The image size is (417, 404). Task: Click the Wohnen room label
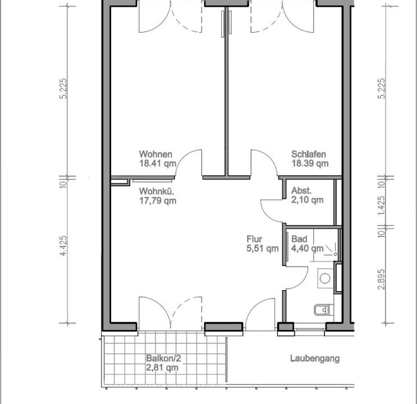(155, 154)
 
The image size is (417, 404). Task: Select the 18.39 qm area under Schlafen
(310, 164)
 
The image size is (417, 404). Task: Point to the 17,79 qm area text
(158, 200)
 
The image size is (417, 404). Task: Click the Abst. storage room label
(301, 190)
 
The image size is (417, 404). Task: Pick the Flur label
(254, 239)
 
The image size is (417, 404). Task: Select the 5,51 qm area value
(263, 249)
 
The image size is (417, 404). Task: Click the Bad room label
(299, 239)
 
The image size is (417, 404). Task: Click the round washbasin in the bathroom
(325, 278)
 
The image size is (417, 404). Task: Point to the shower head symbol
(331, 250)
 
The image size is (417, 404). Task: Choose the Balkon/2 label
(163, 358)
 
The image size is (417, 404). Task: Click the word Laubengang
(315, 359)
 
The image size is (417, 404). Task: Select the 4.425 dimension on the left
(63, 246)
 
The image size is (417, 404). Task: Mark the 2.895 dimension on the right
(382, 279)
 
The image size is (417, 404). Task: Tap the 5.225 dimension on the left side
(63, 88)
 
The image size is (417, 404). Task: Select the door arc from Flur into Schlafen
(269, 157)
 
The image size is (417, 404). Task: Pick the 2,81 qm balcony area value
(162, 368)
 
